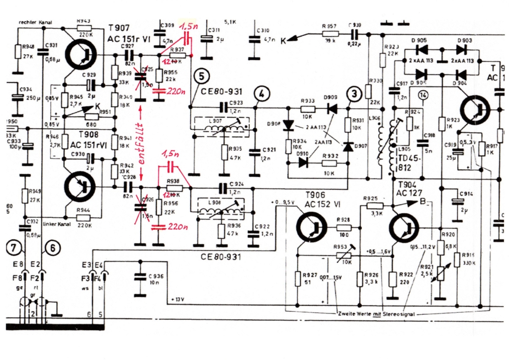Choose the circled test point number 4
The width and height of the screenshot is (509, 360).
pos(261,93)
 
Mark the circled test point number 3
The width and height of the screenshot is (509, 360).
pos(354,93)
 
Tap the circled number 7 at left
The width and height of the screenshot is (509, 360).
pos(14,247)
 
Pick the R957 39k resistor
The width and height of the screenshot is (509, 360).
pos(331,33)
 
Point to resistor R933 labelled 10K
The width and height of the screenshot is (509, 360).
pos(308,108)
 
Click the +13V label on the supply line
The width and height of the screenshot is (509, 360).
pos(177,300)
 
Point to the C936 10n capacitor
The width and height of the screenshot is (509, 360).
pos(141,279)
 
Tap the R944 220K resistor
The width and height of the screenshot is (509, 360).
pos(84,217)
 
